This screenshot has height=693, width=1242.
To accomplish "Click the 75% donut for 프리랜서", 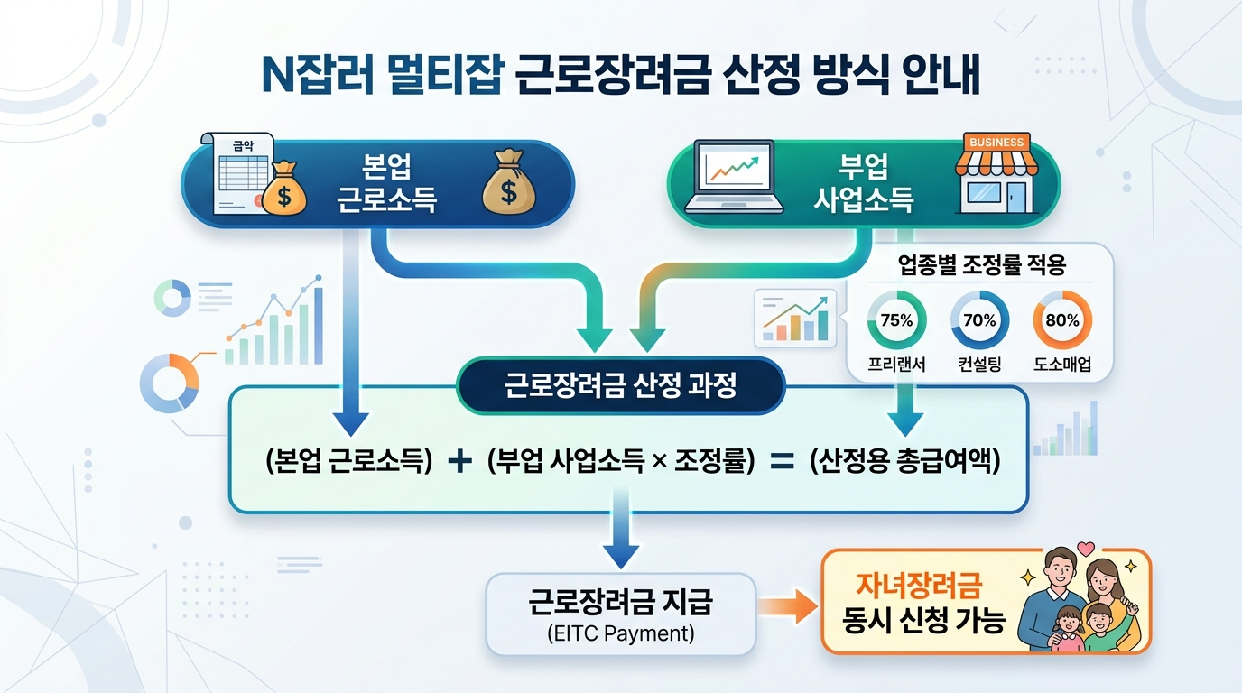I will (x=896, y=320).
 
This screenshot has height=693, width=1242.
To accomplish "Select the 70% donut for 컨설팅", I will (x=979, y=320).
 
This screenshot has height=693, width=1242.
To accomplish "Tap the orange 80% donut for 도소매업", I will (x=1062, y=320).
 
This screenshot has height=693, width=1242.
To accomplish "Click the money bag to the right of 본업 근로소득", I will (x=509, y=185).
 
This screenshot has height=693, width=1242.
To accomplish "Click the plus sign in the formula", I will (x=460, y=461).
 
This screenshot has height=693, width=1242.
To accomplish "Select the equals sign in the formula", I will (x=781, y=461).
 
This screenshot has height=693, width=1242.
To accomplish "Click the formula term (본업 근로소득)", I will (x=351, y=461).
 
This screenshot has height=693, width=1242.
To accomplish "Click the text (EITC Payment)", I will (x=621, y=633).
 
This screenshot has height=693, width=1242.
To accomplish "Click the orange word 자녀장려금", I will (x=917, y=586).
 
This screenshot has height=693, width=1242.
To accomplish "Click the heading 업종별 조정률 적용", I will (x=982, y=265).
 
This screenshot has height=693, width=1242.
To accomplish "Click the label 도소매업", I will (x=1062, y=365).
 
